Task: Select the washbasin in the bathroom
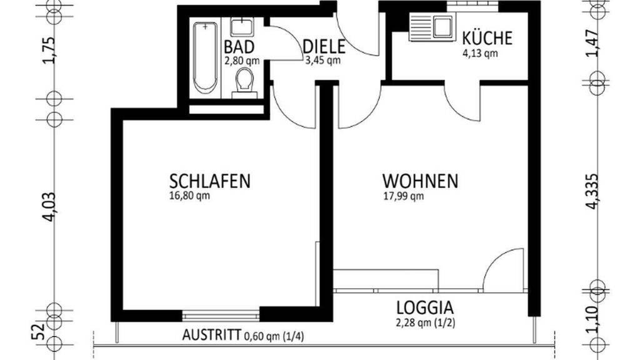point(242,27)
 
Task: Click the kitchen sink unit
point(431,27)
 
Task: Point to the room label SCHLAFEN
point(210,181)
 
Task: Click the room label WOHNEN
point(420,181)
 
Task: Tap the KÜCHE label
point(487,37)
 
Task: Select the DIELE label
point(324,47)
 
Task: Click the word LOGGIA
point(425,307)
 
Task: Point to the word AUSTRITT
point(211,335)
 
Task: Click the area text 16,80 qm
point(189,196)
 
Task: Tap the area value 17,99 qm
point(403,196)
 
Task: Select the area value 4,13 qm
point(480,54)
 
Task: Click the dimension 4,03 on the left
point(49,207)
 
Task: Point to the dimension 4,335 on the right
point(592,192)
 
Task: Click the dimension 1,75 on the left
point(49,51)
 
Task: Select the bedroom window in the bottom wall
point(221,316)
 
